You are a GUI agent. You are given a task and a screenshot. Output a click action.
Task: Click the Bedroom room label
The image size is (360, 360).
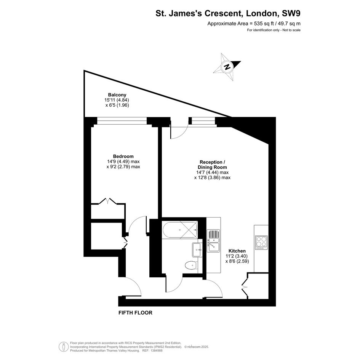coord(123,156)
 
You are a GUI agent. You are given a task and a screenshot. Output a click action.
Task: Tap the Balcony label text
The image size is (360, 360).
coord(117,95)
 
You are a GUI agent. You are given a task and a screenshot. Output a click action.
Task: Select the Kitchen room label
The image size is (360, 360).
coord(237,251)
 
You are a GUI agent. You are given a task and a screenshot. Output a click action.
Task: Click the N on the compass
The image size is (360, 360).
coord(227,67)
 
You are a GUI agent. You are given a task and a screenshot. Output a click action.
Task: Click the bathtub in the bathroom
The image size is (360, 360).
coord(179,230)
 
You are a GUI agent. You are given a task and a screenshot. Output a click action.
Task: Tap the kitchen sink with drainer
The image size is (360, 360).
coord(213,241)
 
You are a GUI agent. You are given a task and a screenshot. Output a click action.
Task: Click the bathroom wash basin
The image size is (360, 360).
coord(197,250)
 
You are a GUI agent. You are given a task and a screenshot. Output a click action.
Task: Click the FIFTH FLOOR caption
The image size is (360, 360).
coord(135,313)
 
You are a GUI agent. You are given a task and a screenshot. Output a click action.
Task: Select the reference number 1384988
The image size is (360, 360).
coord(156,350)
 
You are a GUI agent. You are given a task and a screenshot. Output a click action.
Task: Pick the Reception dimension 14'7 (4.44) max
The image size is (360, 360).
coord(211,173)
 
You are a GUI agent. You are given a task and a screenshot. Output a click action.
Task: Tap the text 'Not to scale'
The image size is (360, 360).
coord(291,30)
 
